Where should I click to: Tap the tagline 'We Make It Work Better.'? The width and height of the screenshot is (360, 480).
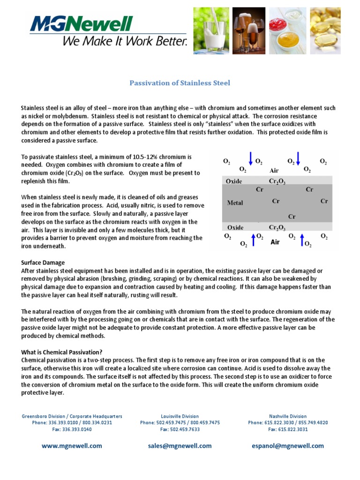tap(125, 41)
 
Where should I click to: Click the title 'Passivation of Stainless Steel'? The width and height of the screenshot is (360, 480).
tap(180, 83)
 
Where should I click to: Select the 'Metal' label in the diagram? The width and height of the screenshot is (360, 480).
tap(235, 202)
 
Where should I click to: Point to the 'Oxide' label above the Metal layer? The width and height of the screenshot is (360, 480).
tap(234, 181)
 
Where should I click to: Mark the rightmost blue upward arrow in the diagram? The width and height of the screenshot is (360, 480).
tap(302, 240)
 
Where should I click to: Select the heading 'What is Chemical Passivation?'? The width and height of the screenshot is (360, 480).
tap(61, 352)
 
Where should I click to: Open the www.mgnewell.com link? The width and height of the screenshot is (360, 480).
tap(72, 446)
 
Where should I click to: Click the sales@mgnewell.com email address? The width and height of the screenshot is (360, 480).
tap(180, 446)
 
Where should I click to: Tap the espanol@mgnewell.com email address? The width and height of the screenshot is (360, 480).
tap(288, 446)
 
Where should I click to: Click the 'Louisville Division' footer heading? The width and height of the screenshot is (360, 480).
tap(180, 416)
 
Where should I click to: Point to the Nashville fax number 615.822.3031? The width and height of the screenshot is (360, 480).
tap(288, 429)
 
